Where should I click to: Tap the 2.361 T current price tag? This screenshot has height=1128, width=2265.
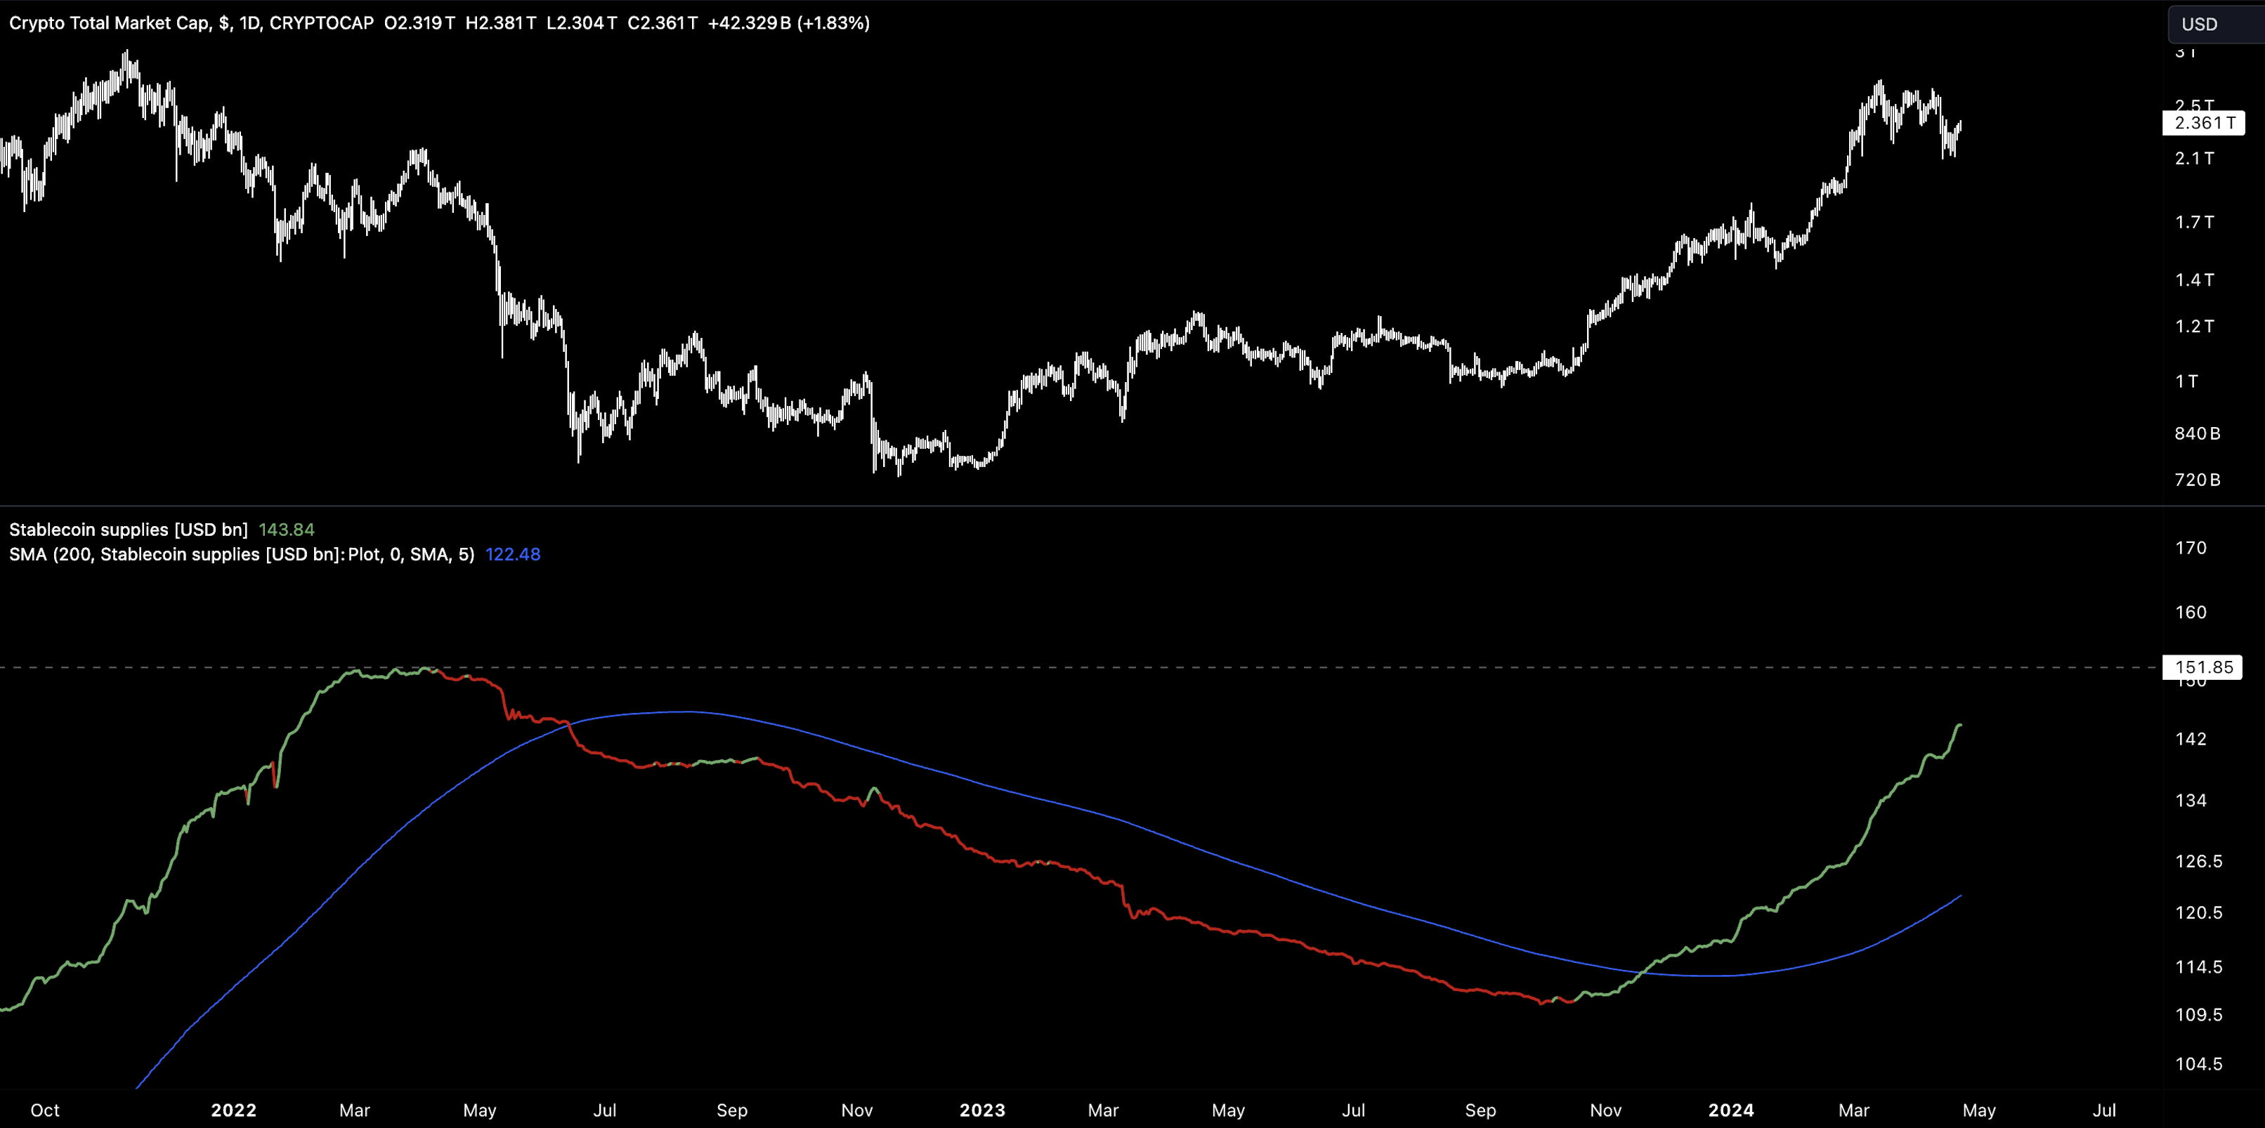pos(2203,123)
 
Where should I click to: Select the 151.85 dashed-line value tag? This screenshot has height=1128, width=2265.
pos(2202,667)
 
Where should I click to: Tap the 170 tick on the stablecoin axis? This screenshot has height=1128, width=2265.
pos(2191,548)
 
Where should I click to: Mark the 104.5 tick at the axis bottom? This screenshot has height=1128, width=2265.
pos(2198,1065)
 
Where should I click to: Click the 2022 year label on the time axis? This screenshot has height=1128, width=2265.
pos(233,1110)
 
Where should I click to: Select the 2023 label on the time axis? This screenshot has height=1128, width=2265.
pos(982,1110)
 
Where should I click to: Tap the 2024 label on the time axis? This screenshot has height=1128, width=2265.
pos(1730,1110)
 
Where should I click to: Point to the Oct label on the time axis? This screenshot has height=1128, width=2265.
pos(45,1110)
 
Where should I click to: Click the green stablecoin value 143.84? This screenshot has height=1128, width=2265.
pos(286,530)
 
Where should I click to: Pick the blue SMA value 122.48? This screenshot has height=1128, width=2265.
pos(513,555)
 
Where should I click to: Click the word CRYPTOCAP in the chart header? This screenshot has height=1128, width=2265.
pos(322,23)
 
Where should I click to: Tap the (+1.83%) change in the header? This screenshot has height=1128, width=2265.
pos(833,23)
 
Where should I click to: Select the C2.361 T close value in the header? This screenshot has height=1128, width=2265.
pos(662,23)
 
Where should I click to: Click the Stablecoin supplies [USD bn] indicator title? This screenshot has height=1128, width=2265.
pos(129,530)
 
